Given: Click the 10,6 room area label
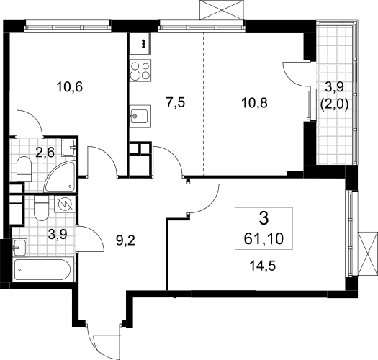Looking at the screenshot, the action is pyautogui.click(x=69, y=87).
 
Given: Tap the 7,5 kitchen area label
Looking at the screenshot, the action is pyautogui.click(x=176, y=102).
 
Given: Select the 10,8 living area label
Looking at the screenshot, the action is pyautogui.click(x=254, y=103).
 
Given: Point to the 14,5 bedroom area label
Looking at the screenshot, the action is pyautogui.click(x=263, y=266).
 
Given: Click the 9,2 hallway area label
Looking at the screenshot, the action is pyautogui.click(x=125, y=240).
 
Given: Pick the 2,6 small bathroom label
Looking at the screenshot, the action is pyautogui.click(x=45, y=153).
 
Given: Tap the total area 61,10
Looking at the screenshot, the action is pyautogui.click(x=264, y=239).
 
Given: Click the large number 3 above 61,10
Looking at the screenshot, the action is pyautogui.click(x=264, y=218).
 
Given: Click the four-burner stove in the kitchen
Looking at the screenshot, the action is pyautogui.click(x=140, y=71).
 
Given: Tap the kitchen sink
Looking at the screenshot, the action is pyautogui.click(x=140, y=116).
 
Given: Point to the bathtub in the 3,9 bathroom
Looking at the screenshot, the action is pyautogui.click(x=42, y=269).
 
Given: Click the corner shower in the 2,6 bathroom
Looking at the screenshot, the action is pyautogui.click(x=60, y=177).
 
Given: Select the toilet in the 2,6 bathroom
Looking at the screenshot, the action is pyautogui.click(x=24, y=168).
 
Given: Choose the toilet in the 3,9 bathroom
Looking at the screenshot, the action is pyautogui.click(x=42, y=208).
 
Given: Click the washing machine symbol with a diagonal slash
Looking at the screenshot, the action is pyautogui.click(x=65, y=204).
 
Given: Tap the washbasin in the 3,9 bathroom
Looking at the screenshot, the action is pyautogui.click(x=20, y=247).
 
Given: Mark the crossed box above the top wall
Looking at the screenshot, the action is pyautogui.click(x=222, y=10).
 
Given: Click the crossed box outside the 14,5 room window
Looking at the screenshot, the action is pyautogui.click(x=368, y=253).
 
